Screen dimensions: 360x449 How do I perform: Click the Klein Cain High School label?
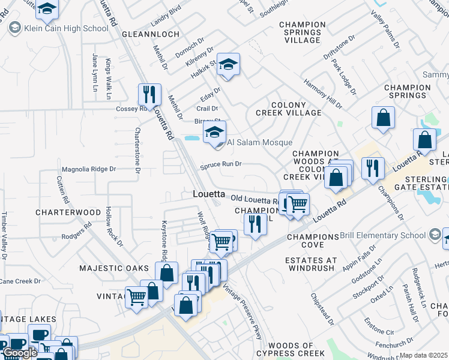66,28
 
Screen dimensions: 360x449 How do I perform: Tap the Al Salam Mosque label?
259,142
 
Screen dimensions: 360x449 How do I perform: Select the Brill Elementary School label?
383,235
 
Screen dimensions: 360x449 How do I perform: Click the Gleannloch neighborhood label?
147,34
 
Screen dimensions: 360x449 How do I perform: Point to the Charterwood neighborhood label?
68,212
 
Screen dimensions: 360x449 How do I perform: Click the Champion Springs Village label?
303,32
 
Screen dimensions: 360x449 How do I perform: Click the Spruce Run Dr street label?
220,164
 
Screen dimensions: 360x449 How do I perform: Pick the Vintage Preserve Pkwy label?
243,312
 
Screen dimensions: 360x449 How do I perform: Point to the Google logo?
19,353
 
